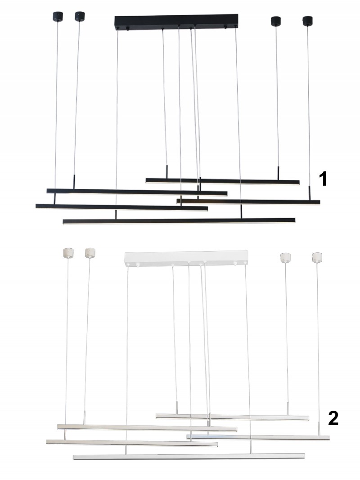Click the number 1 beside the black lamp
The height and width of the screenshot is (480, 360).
click(323, 179)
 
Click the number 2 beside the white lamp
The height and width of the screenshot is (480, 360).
click(333, 418)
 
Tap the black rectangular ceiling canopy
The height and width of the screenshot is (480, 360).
click(176, 22)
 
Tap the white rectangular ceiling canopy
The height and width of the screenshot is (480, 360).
click(186, 258)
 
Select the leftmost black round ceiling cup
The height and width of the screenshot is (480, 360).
click(58, 16)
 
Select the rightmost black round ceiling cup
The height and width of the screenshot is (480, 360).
click(307, 21)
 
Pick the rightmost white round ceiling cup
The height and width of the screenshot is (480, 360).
click(317, 257)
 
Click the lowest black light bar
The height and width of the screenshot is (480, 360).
click(179, 221)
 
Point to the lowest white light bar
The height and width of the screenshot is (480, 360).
click(189, 457)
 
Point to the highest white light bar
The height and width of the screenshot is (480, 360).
click(232, 417)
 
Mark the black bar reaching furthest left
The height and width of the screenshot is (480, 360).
click(122, 207)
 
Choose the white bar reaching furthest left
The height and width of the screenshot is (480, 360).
click(132, 443)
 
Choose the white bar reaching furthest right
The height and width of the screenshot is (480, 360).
click(258, 437)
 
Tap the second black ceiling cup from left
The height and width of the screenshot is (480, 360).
click(80, 16)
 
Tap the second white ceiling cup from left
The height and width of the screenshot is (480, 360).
click(90, 253)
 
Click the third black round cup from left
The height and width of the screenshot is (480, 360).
click(276, 21)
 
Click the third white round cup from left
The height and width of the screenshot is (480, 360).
click(285, 257)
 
